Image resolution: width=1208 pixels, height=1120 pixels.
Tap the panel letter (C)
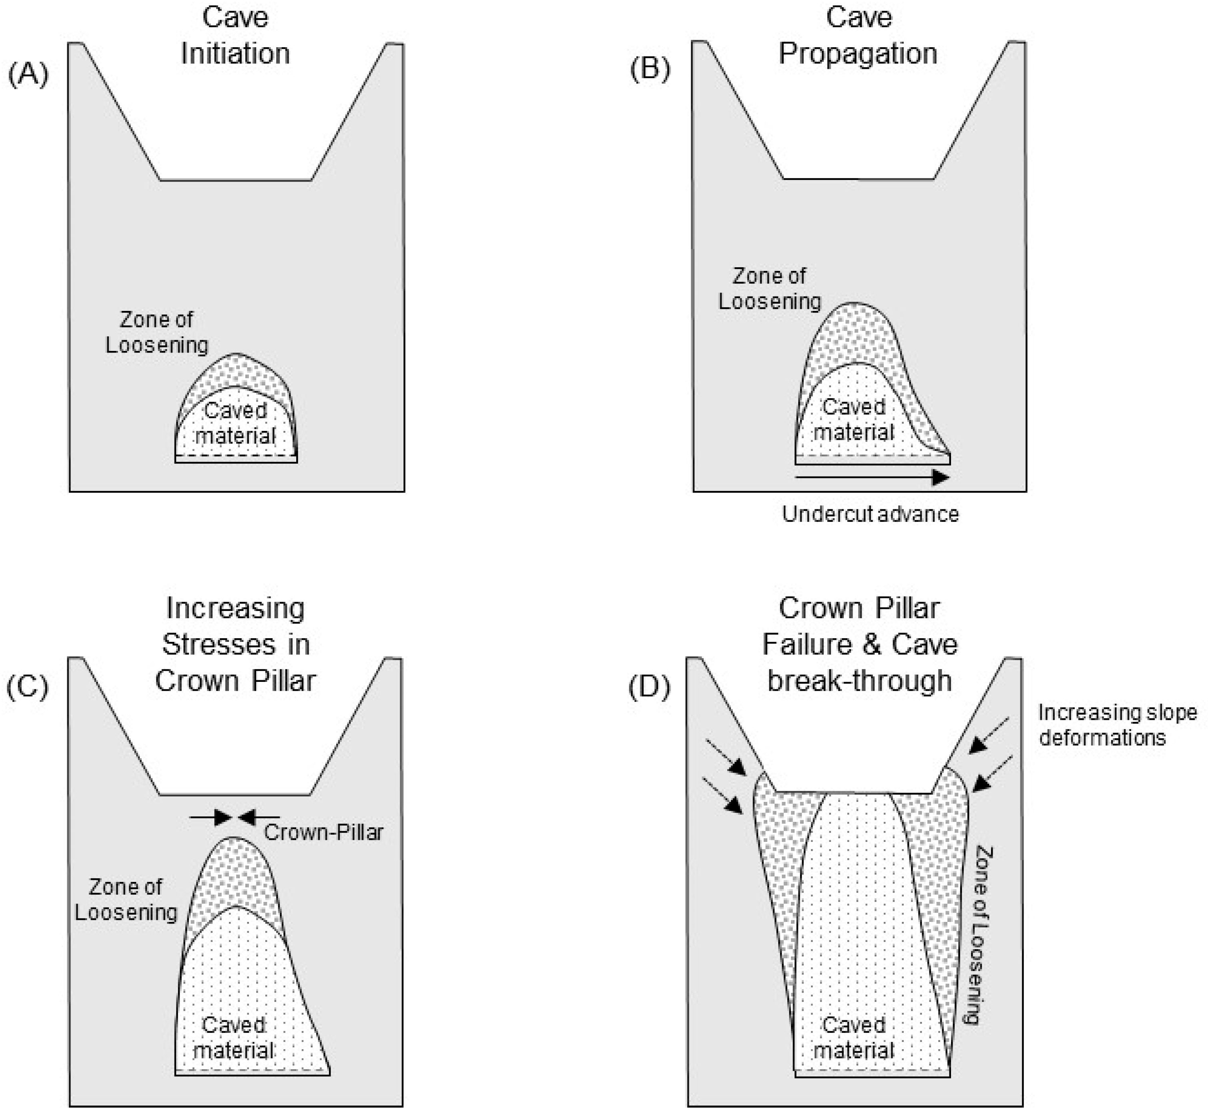[27, 687]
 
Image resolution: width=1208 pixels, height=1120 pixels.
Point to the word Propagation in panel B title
[858, 53]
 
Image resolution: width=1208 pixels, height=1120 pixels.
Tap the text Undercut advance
[870, 514]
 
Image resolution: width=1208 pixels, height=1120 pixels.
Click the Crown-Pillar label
[323, 832]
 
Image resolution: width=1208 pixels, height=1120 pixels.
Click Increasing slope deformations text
[1117, 725]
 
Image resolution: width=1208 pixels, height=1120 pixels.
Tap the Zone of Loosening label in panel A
[157, 332]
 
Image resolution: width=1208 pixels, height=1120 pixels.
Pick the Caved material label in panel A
[235, 423]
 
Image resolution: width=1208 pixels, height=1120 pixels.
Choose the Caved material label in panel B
[853, 419]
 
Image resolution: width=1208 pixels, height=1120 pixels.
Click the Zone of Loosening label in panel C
[125, 900]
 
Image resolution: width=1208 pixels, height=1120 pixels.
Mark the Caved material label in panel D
[853, 1038]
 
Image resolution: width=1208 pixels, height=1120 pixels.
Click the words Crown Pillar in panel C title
[235, 681]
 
